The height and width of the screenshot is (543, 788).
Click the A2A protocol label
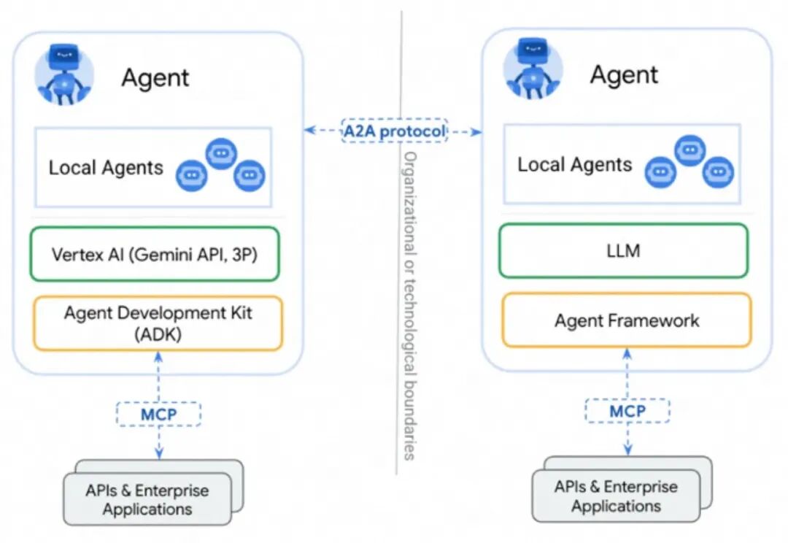(x=394, y=131)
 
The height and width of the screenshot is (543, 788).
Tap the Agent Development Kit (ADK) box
(x=157, y=323)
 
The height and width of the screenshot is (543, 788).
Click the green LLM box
(x=623, y=251)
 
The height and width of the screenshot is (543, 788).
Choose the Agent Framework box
(x=626, y=320)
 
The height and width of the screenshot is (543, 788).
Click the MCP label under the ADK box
(x=158, y=413)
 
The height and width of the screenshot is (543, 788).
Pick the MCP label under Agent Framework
(x=627, y=411)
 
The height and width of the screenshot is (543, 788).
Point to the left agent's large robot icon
(x=65, y=76)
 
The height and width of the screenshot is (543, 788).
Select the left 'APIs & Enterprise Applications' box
(x=147, y=499)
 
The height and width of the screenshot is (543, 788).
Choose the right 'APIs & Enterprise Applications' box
(x=616, y=496)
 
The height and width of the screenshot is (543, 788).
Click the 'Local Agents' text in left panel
(x=106, y=168)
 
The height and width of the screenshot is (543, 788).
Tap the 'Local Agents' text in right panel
(x=575, y=164)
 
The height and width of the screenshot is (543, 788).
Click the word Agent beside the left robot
(x=155, y=77)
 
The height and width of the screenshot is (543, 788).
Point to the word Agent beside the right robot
(x=624, y=74)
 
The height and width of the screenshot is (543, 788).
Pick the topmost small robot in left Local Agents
(x=220, y=153)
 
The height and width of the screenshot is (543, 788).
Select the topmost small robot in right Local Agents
(x=689, y=150)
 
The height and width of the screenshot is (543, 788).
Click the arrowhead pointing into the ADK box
(x=158, y=356)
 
